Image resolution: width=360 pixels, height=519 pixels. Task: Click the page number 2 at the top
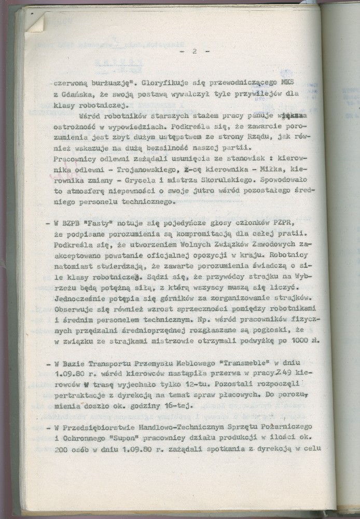(x=193, y=52)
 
